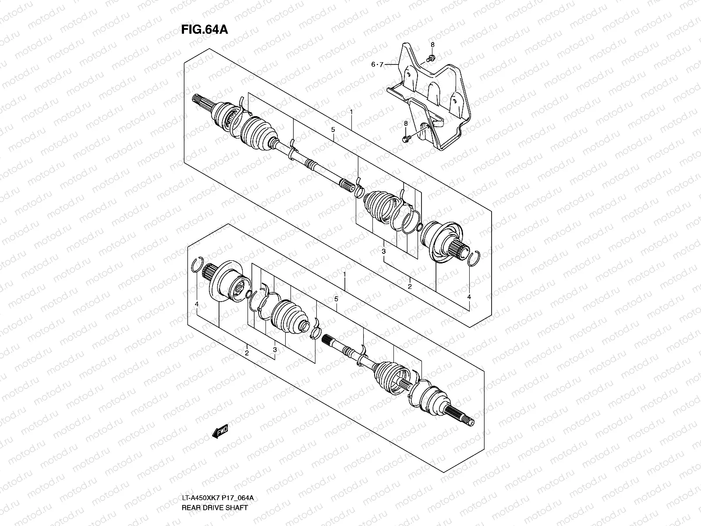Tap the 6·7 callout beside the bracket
(x=377, y=64)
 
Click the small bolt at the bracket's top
(x=431, y=58)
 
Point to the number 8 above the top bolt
(x=432, y=45)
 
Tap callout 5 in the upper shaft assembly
(x=333, y=130)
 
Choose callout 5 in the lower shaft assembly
(x=336, y=299)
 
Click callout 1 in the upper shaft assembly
(x=351, y=113)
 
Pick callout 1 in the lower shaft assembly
(x=345, y=274)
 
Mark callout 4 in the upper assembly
(x=469, y=297)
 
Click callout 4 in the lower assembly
(x=197, y=304)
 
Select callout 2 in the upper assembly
(x=410, y=286)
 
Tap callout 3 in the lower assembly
(x=275, y=349)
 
